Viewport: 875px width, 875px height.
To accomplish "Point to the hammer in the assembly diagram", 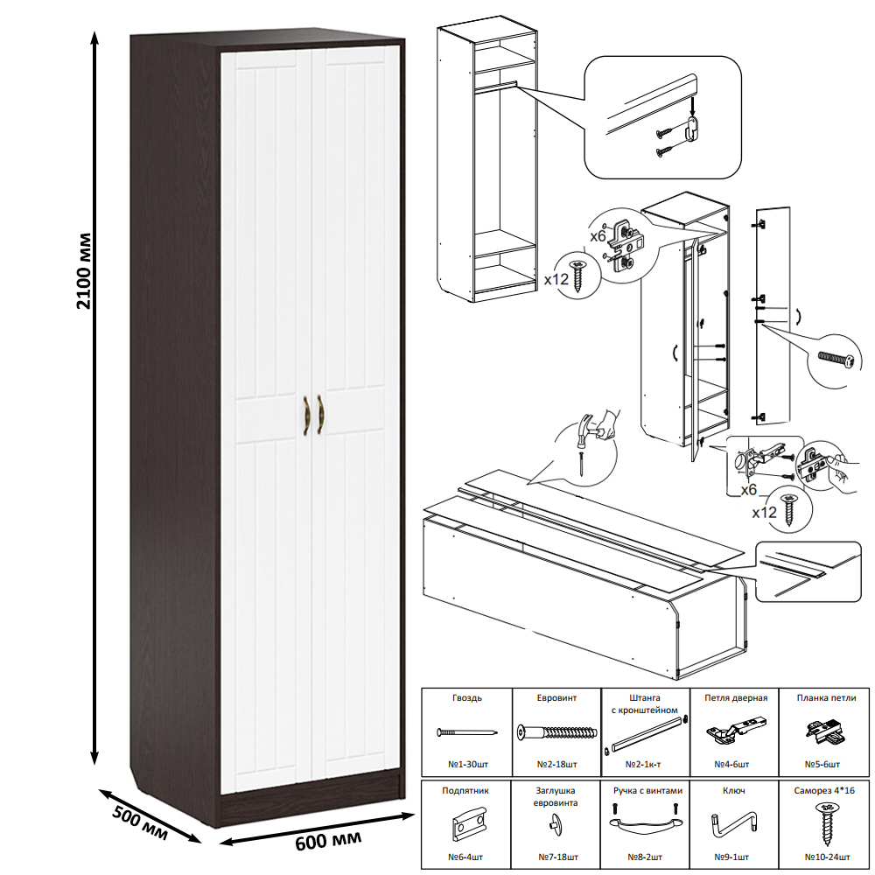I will pyautogui.click(x=598, y=430).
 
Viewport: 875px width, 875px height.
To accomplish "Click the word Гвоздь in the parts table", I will pyautogui.click(x=467, y=698).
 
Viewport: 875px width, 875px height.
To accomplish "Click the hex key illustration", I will pyautogui.click(x=733, y=823).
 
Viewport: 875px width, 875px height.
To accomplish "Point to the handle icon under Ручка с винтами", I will pyautogui.click(x=645, y=825).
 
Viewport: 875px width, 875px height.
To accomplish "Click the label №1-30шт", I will pyautogui.click(x=467, y=764).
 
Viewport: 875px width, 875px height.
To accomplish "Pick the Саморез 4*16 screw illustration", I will pyautogui.click(x=824, y=822).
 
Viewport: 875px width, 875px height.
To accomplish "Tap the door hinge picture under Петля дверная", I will pyautogui.click(x=732, y=731).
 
